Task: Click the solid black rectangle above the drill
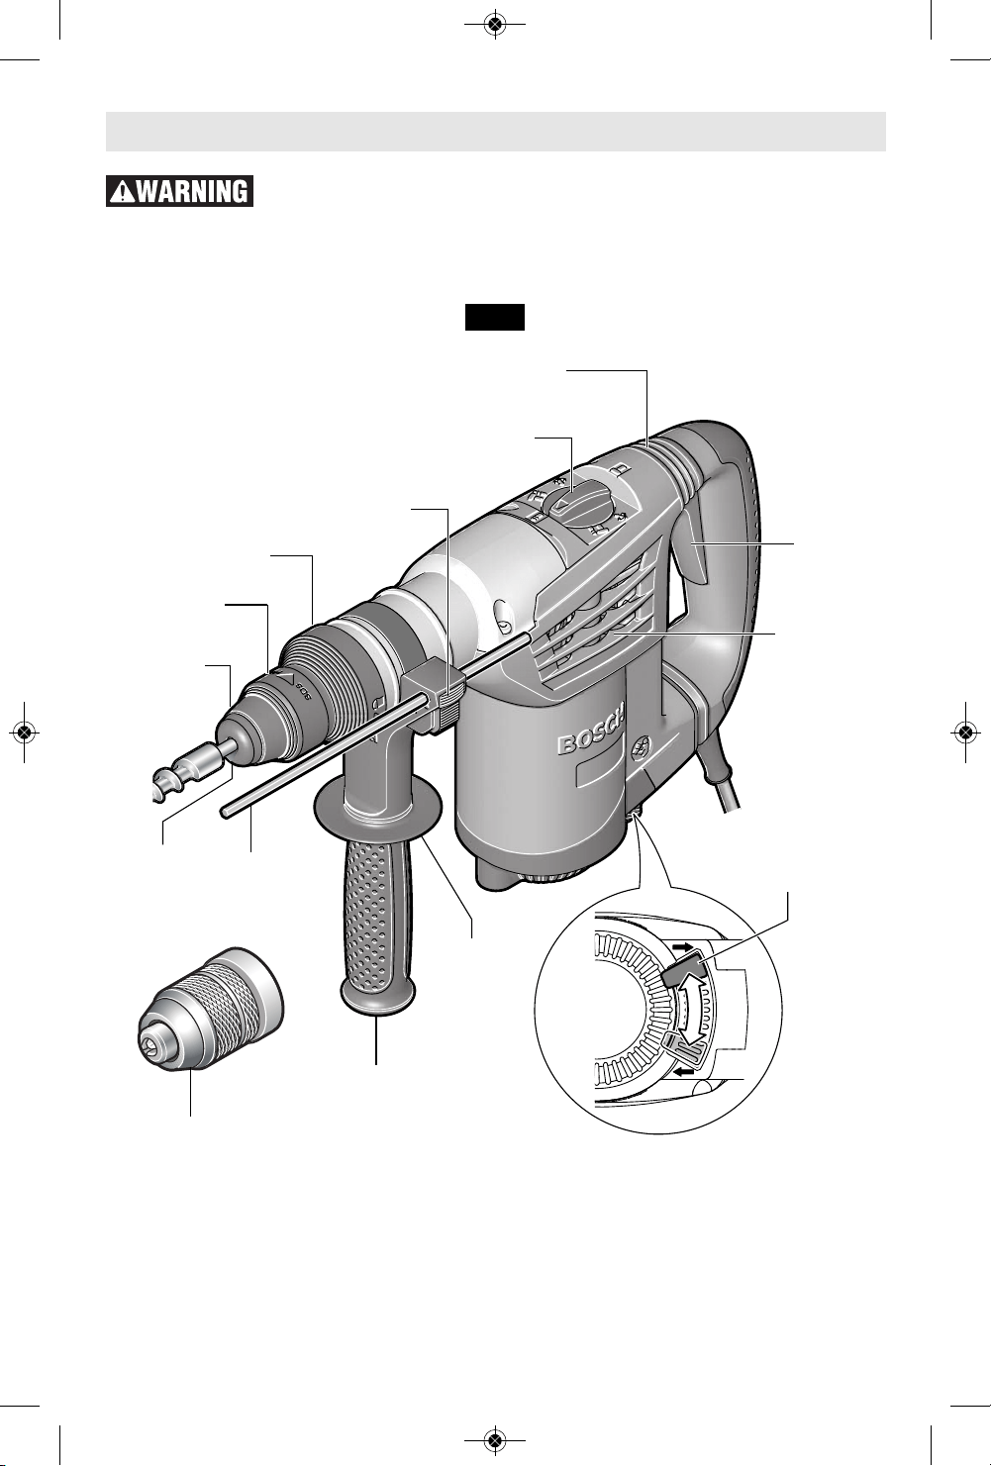[x=495, y=317]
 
